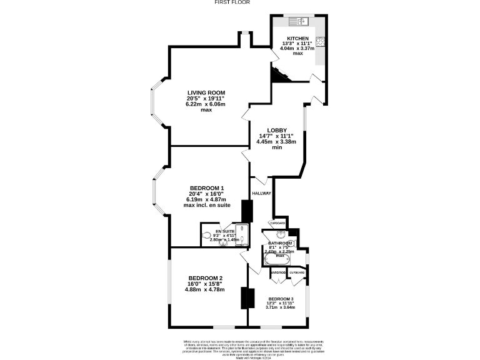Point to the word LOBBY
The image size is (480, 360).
click(x=277, y=130)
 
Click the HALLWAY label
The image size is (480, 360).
click(x=262, y=193)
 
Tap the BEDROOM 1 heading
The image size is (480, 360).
click(x=207, y=188)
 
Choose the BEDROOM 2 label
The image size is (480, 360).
click(x=206, y=278)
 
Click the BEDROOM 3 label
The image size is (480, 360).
click(x=281, y=299)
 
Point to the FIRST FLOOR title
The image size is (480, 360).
click(x=232, y=3)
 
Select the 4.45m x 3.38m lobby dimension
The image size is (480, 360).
click(x=276, y=142)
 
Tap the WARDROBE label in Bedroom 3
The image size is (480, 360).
click(x=278, y=272)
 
